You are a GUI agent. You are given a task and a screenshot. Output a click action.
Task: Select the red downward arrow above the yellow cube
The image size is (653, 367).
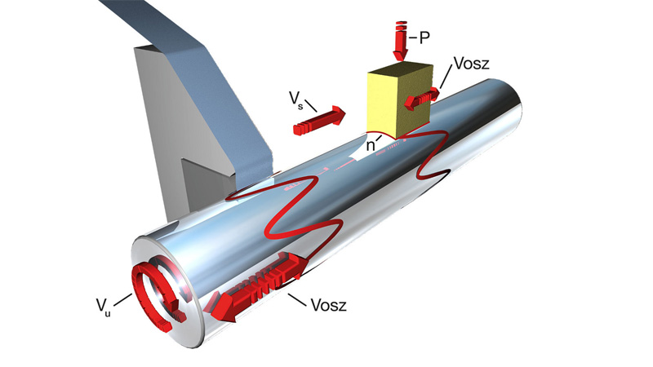tap(400, 41)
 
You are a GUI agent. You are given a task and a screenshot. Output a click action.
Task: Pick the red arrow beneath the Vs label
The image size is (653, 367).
tap(319, 121)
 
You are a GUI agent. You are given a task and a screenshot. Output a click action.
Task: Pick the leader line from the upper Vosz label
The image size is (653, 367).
tap(444, 78)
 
